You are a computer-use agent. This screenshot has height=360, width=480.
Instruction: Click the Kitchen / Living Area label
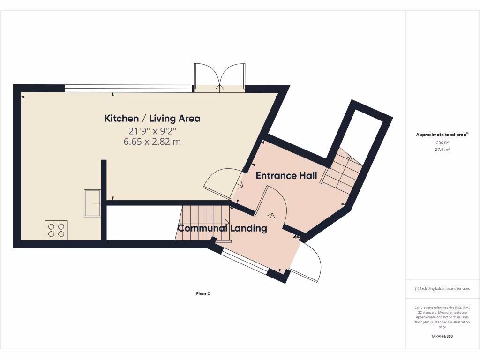click(x=152, y=119)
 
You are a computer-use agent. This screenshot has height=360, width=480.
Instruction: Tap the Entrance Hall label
click(x=286, y=176)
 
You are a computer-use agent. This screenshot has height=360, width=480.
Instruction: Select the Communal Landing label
click(x=222, y=229)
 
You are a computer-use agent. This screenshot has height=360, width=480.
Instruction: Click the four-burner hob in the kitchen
click(x=56, y=230)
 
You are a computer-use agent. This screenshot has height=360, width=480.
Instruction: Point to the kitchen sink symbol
click(x=92, y=203)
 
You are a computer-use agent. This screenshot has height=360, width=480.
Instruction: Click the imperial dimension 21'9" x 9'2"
click(x=152, y=131)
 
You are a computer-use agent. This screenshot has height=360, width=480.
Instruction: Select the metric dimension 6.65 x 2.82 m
click(x=152, y=142)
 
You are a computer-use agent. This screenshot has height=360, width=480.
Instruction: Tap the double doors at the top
click(x=220, y=76)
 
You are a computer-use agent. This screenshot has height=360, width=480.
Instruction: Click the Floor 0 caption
click(x=203, y=294)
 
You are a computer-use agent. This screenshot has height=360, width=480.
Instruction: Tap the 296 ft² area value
click(x=442, y=142)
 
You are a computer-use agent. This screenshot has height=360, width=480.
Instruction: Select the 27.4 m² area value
click(x=442, y=150)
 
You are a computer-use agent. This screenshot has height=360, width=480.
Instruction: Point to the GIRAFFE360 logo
click(x=442, y=336)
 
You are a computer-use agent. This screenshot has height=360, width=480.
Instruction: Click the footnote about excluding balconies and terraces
click(x=442, y=289)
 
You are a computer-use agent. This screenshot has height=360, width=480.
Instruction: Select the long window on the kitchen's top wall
click(x=128, y=87)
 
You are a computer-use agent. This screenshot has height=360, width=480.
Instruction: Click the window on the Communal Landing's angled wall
click(x=245, y=261)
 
